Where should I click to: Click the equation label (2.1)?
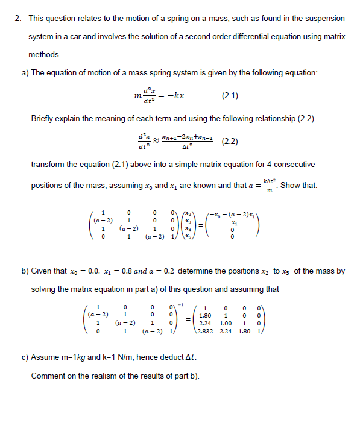coord(230,95)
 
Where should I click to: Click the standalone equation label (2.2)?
coord(230,142)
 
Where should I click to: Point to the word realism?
coord(104,376)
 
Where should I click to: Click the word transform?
coord(46,165)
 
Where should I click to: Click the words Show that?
coord(298,184)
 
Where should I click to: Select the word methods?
coord(45,55)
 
